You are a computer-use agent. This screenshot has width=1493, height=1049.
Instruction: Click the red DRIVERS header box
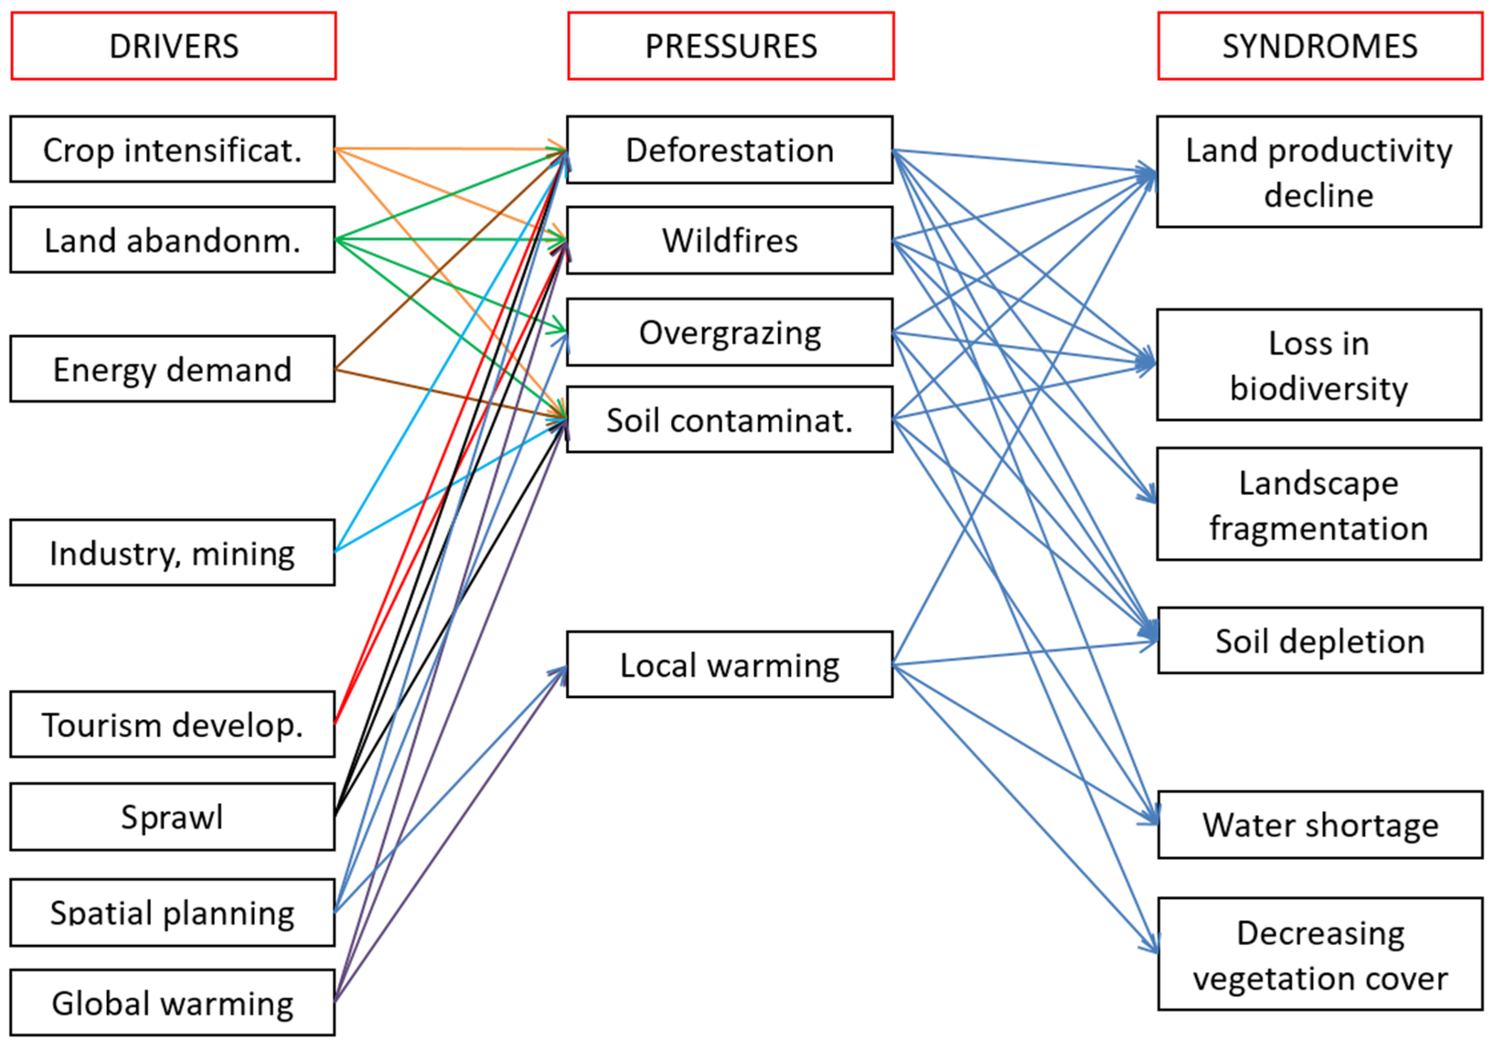pyautogui.click(x=174, y=46)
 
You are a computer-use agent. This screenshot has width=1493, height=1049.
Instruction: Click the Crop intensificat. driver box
pyautogui.click(x=172, y=149)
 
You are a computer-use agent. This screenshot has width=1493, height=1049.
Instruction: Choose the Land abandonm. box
pyautogui.click(x=172, y=240)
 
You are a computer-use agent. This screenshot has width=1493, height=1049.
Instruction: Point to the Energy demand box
pyautogui.click(x=172, y=369)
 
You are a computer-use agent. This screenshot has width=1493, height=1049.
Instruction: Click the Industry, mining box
pyautogui.click(x=172, y=553)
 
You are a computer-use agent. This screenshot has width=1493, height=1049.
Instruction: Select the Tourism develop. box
pyautogui.click(x=172, y=724)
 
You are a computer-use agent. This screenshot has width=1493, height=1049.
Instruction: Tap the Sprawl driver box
pyautogui.click(x=172, y=817)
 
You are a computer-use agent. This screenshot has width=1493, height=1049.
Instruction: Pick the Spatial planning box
pyautogui.click(x=172, y=912)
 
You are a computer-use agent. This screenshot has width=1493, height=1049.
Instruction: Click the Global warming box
pyautogui.click(x=172, y=1003)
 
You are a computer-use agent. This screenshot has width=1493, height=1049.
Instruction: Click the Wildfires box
pyautogui.click(x=730, y=240)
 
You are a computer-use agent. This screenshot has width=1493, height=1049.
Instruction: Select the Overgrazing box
pyautogui.click(x=730, y=332)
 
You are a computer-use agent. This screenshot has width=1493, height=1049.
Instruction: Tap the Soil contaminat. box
pyautogui.click(x=730, y=420)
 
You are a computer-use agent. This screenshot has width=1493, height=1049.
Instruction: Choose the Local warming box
pyautogui.click(x=730, y=665)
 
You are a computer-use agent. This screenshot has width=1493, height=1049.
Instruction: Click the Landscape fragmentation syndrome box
pyautogui.click(x=1319, y=504)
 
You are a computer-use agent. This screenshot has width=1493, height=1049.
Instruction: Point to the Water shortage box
pyautogui.click(x=1320, y=825)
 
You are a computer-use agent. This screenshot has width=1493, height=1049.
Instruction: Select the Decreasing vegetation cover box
pyautogui.click(x=1320, y=954)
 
